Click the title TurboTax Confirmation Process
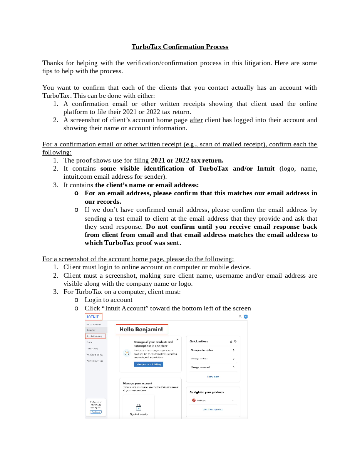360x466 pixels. [180, 47]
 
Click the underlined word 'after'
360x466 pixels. [196, 120]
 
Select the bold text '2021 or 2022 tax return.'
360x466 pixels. [187, 160]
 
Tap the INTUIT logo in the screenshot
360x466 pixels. [93, 317]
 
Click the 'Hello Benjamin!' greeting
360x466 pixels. [141, 330]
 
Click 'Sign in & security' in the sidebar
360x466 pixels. [94, 336]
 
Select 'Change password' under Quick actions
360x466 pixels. [200, 367]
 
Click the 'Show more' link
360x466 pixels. [213, 376]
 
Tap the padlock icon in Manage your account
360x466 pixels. [139, 407]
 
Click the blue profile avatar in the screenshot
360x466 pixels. [246, 317]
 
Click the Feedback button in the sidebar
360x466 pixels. [96, 412]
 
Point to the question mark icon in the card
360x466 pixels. [127, 353]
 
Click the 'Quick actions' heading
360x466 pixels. [199, 341]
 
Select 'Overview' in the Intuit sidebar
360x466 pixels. [91, 330]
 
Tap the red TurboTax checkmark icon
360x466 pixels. [193, 400]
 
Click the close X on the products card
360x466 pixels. [177, 340]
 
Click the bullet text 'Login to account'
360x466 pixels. [109, 300]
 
